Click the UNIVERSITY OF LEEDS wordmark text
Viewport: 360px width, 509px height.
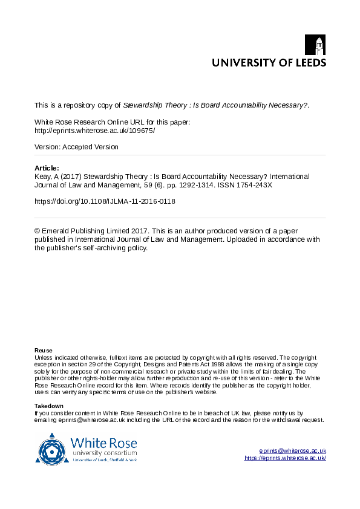point(268,62)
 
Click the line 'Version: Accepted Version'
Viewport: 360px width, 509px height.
point(76,147)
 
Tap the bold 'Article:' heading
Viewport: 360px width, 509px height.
point(47,168)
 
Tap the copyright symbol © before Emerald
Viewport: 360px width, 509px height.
point(38,231)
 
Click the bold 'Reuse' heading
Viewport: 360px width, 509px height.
point(44,351)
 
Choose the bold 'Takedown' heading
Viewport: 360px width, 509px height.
point(49,406)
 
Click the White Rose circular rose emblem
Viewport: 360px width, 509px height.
point(52,449)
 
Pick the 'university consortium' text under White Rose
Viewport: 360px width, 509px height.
point(104,453)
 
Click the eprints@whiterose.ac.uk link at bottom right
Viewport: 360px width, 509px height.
point(292,450)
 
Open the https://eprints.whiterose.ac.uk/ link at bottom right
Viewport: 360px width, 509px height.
point(285,458)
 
